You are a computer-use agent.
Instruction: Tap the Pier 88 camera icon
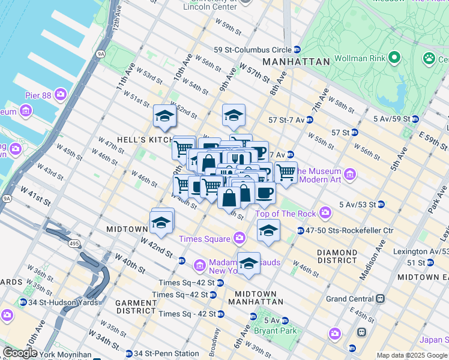pos(61,94)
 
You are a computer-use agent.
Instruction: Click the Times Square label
pos(205,239)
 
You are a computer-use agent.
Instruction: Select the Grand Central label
pos(349,298)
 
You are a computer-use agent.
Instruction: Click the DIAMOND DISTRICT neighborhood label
pos(337,256)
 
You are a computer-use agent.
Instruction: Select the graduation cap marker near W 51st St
pos(164,118)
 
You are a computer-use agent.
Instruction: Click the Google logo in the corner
pos(19,353)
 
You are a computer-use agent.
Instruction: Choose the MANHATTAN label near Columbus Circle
pos(295,62)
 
